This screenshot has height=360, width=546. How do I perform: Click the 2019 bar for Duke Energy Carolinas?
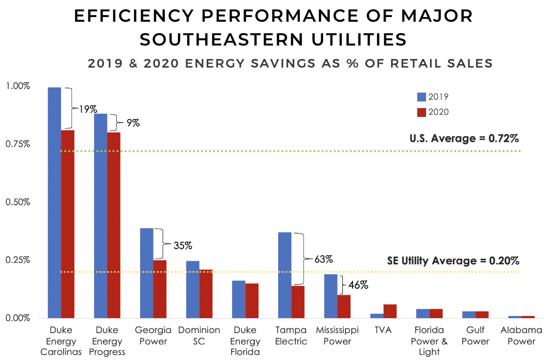[54, 202]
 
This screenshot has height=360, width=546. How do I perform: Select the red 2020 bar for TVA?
[390, 311]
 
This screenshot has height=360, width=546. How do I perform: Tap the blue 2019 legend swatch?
[421, 97]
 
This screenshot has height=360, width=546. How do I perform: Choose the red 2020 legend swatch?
[421, 112]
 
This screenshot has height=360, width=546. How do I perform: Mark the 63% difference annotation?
[324, 258]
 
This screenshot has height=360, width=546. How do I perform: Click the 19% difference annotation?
[88, 109]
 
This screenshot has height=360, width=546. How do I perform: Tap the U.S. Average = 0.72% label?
[464, 139]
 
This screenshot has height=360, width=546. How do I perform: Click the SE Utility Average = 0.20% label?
[453, 261]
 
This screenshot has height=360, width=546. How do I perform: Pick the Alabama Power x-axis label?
[521, 336]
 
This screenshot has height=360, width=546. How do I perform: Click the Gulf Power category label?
[475, 336]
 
